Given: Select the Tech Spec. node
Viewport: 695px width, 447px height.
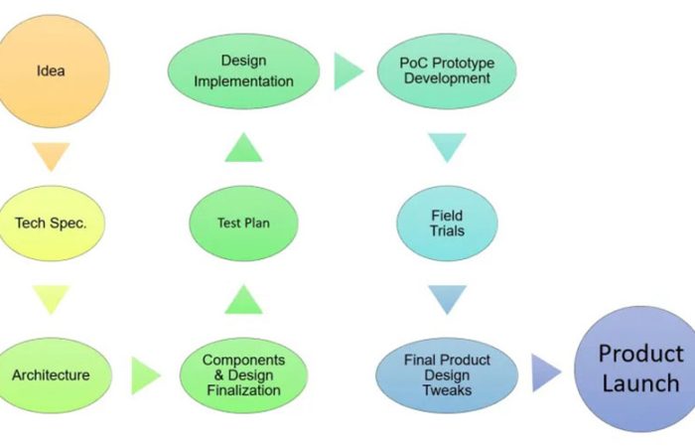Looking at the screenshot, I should [x=52, y=223].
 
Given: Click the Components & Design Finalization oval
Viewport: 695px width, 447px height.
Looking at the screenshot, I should [x=243, y=374].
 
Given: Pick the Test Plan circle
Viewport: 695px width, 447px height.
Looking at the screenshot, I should [x=243, y=223].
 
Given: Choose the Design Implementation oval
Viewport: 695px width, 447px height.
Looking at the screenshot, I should [x=243, y=72].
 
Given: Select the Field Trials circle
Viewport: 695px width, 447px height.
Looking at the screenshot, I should [x=447, y=223].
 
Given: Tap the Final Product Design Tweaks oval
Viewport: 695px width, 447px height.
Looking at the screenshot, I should [x=447, y=374].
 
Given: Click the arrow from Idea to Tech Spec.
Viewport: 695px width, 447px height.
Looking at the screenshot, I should [x=51, y=156].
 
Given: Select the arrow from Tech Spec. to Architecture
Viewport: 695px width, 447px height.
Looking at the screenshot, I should [x=51, y=299].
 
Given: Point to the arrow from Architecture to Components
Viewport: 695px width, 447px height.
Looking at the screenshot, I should [x=145, y=375].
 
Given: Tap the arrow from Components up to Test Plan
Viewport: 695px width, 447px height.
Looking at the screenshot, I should [x=243, y=299].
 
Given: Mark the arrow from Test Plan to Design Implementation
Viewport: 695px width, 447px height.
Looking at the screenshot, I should [x=243, y=147].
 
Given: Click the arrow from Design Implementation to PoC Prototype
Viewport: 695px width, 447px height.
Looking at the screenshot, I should [x=347, y=72].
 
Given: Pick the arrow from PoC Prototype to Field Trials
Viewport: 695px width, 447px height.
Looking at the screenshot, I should [x=447, y=147].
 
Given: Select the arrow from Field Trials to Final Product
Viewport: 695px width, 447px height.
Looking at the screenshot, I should [x=447, y=299].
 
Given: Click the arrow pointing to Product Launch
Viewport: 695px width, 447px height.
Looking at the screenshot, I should [x=545, y=373].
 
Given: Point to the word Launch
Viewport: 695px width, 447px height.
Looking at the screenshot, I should [x=640, y=383].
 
